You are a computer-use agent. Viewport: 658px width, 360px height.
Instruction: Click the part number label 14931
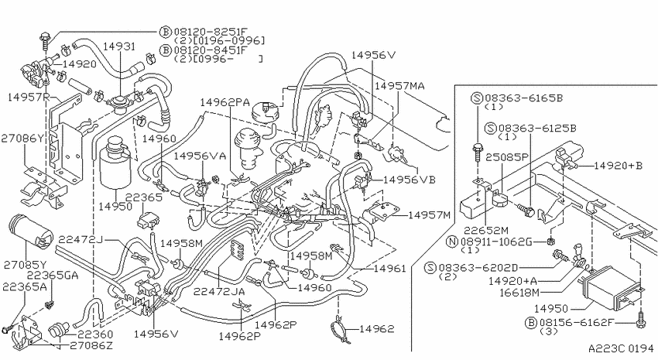[119, 46]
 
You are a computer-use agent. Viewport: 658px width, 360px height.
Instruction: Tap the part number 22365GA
[52, 276]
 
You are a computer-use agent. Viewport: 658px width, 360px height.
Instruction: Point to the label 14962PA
[224, 102]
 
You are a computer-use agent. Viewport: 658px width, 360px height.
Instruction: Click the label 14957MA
[399, 86]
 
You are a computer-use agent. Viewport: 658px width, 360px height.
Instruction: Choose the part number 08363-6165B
[524, 98]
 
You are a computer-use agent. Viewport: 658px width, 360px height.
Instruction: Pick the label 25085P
[506, 157]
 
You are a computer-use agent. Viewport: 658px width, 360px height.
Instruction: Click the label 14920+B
[618, 166]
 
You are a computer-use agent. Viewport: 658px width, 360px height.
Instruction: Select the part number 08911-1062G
[496, 242]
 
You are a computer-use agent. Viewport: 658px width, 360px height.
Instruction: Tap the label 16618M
[519, 293]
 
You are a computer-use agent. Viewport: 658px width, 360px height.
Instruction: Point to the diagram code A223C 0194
[621, 348]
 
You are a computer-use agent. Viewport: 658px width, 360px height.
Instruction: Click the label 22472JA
[219, 291]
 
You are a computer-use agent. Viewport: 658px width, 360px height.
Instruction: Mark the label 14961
[389, 268]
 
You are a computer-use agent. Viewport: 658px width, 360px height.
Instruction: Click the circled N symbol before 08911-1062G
[451, 242]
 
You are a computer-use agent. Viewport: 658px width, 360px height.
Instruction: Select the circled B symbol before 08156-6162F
[531, 323]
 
